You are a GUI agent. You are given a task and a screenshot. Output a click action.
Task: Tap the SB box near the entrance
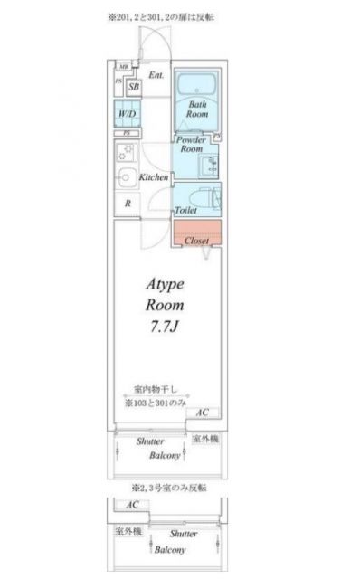[133, 88]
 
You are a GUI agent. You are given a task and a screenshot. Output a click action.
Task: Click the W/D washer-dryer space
[127, 114]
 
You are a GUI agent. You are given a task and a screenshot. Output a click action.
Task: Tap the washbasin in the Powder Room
[211, 163]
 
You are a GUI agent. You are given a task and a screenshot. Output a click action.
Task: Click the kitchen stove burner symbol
[125, 153]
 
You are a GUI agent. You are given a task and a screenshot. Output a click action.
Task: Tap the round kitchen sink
[126, 177]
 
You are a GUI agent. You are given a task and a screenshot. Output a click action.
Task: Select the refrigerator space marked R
[128, 204]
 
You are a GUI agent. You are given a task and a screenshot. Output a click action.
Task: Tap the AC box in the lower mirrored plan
[131, 506]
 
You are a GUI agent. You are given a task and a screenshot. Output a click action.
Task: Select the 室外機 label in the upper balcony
[206, 440]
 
